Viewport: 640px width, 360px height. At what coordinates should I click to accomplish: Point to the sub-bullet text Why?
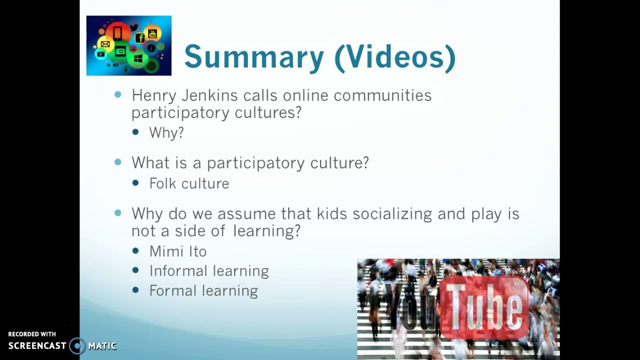pos(166,132)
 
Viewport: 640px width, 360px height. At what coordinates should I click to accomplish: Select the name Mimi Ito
pos(177,251)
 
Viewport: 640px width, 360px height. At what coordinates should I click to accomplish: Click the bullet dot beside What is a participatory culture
pos(118,162)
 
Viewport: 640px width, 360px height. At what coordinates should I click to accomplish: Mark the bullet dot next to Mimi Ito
pos(135,251)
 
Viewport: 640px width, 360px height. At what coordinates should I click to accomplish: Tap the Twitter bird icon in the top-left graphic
pos(133,27)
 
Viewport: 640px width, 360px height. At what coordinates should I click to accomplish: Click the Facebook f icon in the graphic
pos(140,38)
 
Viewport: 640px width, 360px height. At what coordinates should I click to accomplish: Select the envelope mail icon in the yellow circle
pos(105,44)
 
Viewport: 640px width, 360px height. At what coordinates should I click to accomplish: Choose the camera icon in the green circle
pos(120,51)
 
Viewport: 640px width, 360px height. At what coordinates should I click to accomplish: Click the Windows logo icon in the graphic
pos(138,58)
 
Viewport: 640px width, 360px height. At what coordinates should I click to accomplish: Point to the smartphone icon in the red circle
pos(117,33)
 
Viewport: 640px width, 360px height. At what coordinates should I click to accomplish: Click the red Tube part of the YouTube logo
pos(484,306)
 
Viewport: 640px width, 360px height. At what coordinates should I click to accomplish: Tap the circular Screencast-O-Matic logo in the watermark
pos(77,345)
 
